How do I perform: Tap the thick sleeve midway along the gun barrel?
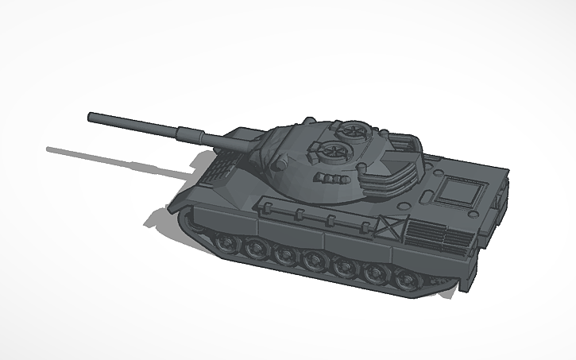(x=191, y=133)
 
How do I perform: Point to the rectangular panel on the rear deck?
(x=461, y=192)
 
